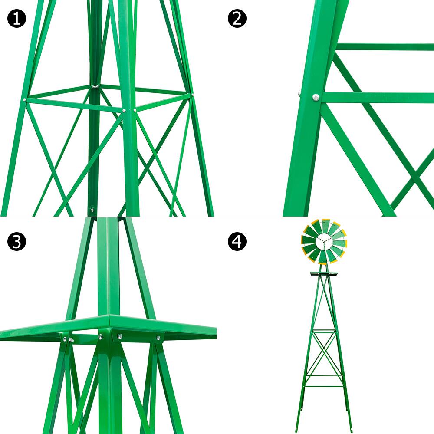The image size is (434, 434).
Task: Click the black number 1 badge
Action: (x=16, y=19)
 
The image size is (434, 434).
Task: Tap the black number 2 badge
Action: (x=237, y=19)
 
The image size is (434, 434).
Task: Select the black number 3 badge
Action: (x=16, y=242)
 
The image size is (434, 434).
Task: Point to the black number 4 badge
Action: (x=237, y=242)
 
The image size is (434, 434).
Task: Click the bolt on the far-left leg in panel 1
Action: (x=25, y=100)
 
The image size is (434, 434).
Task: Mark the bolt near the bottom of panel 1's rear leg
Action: (x=92, y=210)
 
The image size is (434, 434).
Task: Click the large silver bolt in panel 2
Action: (x=316, y=98)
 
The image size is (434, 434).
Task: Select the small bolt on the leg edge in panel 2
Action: (x=299, y=92)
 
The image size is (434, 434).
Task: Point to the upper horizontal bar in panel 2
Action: (x=385, y=46)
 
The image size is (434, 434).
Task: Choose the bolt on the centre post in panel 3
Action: (x=100, y=336)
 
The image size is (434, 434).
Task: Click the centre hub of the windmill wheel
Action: (x=324, y=241)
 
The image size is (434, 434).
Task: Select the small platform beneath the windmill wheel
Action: (x=324, y=274)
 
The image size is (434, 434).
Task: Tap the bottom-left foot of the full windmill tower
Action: (x=296, y=430)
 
